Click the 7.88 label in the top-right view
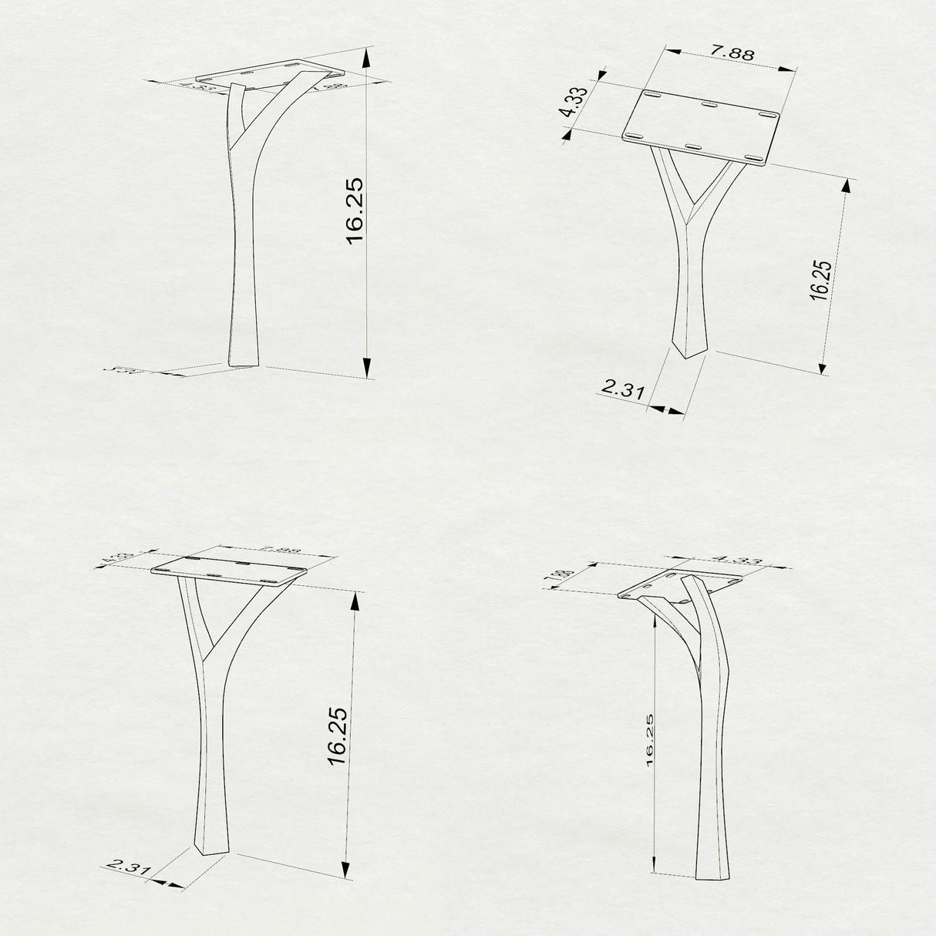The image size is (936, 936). click(x=732, y=53)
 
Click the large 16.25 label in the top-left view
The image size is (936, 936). click(x=354, y=210)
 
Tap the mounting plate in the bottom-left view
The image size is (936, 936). click(x=230, y=569)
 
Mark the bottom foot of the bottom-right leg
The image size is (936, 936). click(x=712, y=876)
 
